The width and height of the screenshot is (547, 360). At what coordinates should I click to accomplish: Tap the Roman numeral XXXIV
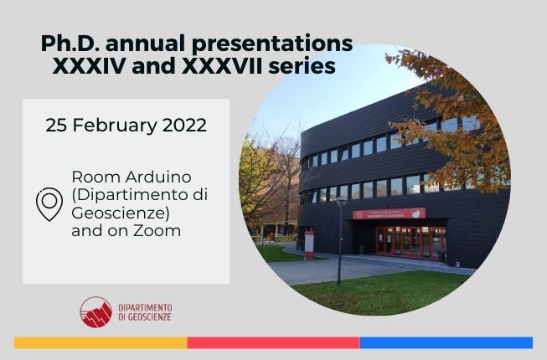point(89,66)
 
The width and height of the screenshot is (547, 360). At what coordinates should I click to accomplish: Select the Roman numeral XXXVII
point(222,66)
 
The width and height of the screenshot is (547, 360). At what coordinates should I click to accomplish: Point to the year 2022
point(184,125)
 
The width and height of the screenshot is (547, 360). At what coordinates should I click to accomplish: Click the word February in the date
point(115,126)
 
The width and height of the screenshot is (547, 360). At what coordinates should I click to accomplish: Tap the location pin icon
point(49,204)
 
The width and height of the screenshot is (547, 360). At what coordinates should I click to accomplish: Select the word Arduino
point(158,177)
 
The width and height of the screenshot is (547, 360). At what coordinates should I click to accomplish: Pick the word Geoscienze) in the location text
point(121,213)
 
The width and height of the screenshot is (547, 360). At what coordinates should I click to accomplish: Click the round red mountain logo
point(96,312)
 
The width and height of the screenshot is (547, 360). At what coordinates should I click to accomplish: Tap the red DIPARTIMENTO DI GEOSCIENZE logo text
point(145,312)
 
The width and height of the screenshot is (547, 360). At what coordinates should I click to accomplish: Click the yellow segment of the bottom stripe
point(101,342)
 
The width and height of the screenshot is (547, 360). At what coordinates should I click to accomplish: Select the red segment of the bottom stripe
point(273,342)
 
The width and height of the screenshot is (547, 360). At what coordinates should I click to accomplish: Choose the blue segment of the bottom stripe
point(446,342)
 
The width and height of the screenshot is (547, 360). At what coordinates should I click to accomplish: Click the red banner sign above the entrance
point(389,213)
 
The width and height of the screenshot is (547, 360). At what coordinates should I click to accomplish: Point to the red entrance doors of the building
point(410,242)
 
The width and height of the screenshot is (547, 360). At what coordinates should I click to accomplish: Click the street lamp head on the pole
point(341,201)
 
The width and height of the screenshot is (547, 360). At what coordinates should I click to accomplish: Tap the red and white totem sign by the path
point(309,245)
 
